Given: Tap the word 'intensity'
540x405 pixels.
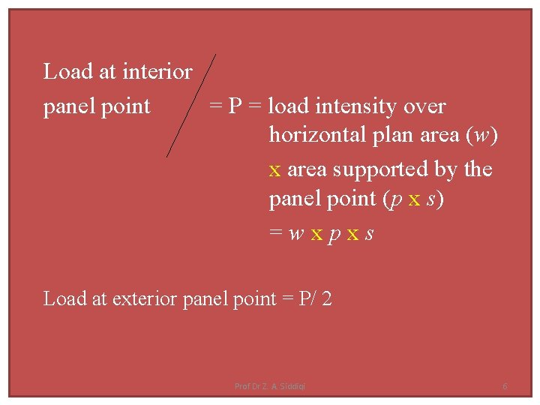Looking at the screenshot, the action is coord(358,106).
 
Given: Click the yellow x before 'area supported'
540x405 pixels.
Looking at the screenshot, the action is coord(274,170).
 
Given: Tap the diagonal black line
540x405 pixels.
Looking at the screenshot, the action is coord(190,105).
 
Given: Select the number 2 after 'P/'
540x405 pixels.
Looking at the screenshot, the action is coord(327,298).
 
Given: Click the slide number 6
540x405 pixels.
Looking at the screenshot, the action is coord(505,386).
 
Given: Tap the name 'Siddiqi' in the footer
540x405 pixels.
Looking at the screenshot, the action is coord(292,386).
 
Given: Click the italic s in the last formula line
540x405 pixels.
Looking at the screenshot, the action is coord(368,234).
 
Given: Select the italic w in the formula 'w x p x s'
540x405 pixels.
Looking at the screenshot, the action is coord(296,234).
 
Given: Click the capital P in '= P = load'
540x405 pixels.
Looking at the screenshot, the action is coord(235,106).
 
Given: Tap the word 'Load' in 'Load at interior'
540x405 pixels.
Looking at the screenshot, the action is coord(68,72).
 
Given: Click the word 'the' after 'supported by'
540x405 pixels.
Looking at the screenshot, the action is coord(478,170).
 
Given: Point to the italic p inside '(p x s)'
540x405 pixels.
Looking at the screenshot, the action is coord(394,200).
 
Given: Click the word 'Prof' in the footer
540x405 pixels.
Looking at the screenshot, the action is coord(242,386).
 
